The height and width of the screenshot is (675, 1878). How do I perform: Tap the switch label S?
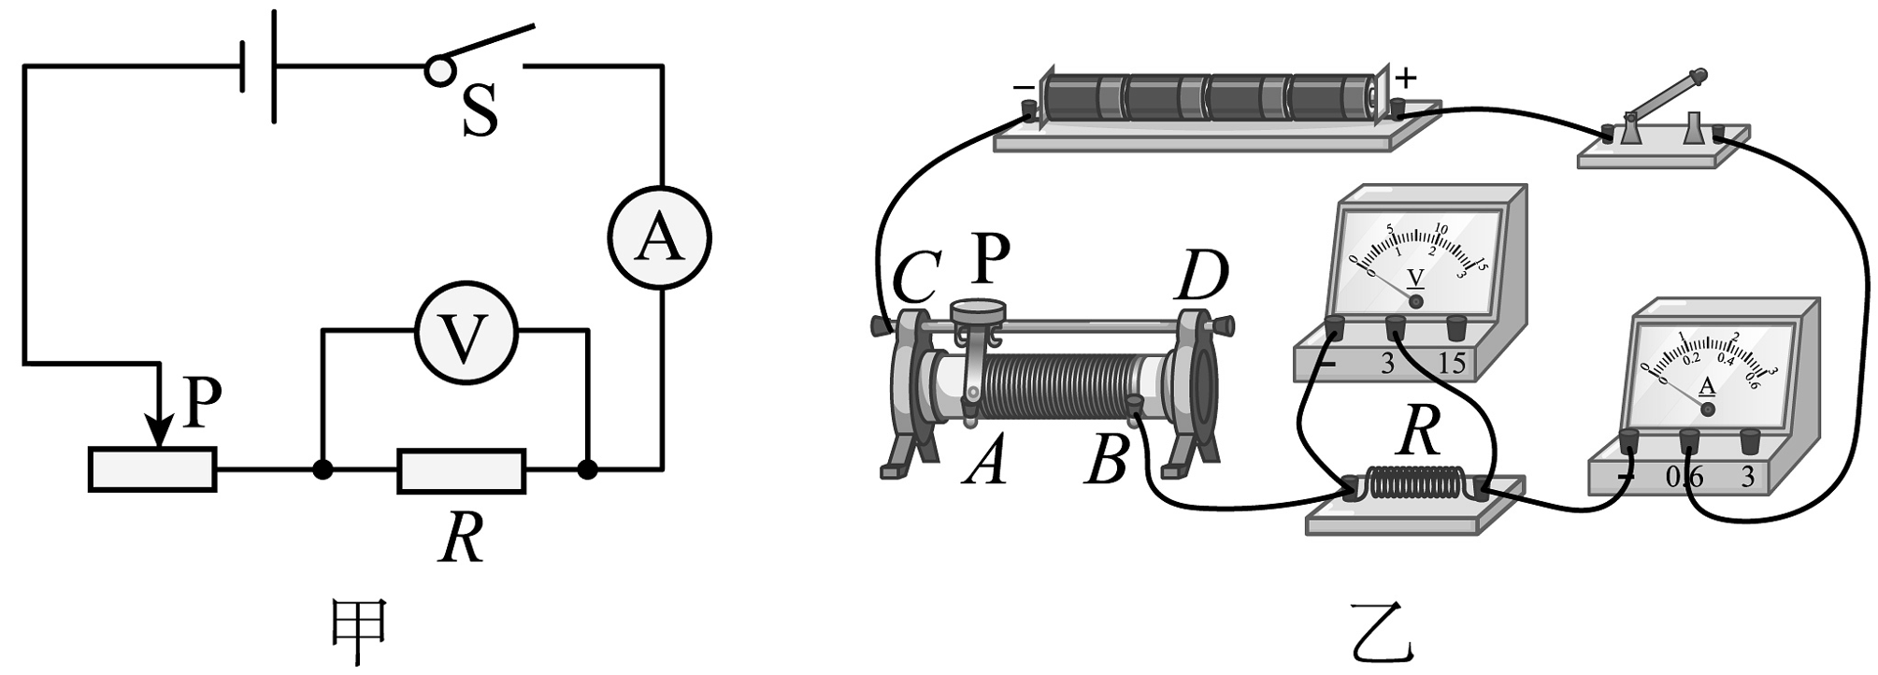click(x=480, y=110)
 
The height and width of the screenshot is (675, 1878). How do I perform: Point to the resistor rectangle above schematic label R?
click(x=461, y=470)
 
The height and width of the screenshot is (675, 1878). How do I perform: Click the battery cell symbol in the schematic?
click(x=259, y=66)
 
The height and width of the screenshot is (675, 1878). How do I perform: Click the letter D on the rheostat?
click(x=1200, y=277)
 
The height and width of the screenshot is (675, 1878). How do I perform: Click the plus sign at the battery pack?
click(x=1407, y=79)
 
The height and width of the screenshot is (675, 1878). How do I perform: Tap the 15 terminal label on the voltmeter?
click(x=1452, y=363)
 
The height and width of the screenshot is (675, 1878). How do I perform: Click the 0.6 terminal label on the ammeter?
click(x=1684, y=478)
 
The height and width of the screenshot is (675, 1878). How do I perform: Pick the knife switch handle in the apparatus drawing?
click(x=1667, y=94)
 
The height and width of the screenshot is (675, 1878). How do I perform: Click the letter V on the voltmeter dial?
click(x=1415, y=279)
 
